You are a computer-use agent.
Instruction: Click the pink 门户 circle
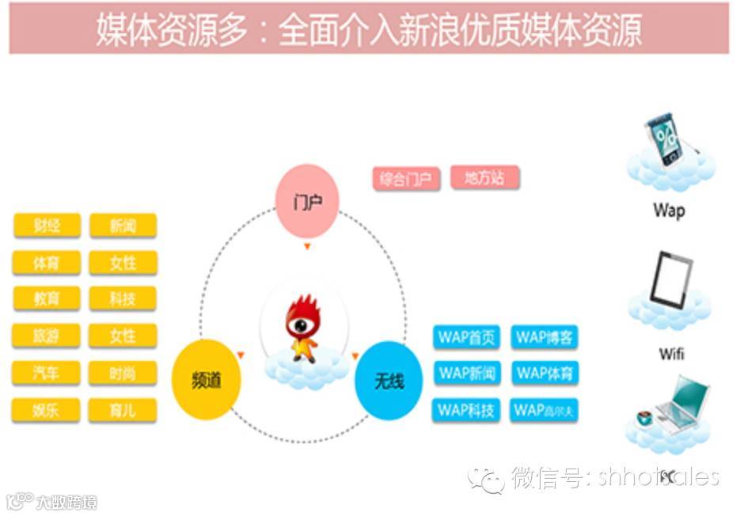(x=306, y=202)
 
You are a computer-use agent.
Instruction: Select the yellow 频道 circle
(x=207, y=380)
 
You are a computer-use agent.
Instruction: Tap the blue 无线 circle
(x=389, y=381)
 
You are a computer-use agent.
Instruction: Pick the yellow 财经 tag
(x=47, y=226)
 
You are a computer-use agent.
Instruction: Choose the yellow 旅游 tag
(x=47, y=336)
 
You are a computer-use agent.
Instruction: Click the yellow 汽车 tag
(x=47, y=373)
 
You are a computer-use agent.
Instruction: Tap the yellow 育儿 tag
(x=123, y=410)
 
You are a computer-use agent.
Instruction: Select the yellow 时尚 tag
(x=123, y=373)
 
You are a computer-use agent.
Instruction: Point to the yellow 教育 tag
(x=47, y=298)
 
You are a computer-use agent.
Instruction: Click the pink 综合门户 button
(x=406, y=179)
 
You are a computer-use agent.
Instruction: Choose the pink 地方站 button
(x=484, y=177)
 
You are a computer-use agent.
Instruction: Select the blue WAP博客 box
(x=544, y=337)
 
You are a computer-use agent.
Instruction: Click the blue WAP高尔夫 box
(x=544, y=410)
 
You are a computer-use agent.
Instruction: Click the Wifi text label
(x=671, y=354)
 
